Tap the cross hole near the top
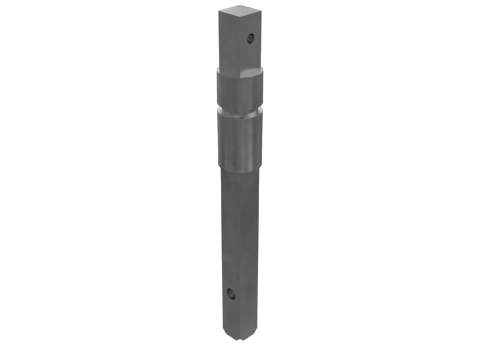pyautogui.click(x=251, y=39)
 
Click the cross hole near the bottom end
pyautogui.click(x=231, y=294)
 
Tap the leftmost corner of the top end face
pyautogui.click(x=219, y=11)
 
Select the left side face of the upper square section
pyautogui.click(x=229, y=42)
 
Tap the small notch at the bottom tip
pyautogui.click(x=240, y=340)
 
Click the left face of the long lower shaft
pyautogui.click(x=231, y=240)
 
